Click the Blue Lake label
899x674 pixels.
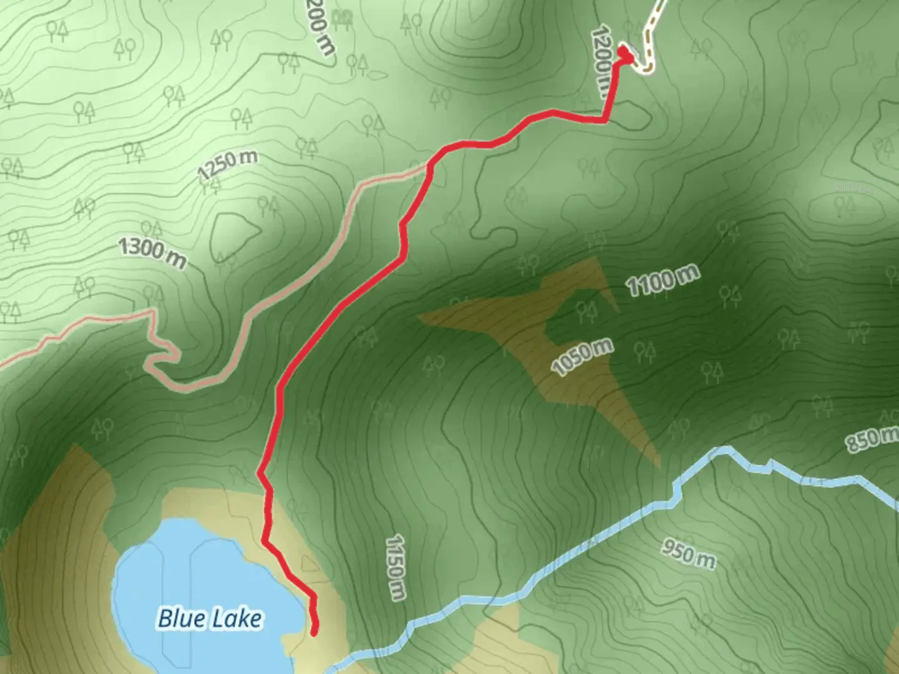point(210,618)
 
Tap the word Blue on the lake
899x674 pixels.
point(181,618)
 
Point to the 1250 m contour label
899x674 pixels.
point(227,164)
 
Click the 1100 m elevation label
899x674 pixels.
point(662,280)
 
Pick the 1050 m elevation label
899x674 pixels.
point(582,357)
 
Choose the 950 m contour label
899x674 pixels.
point(689,554)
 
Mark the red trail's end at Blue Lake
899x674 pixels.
point(314,633)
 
